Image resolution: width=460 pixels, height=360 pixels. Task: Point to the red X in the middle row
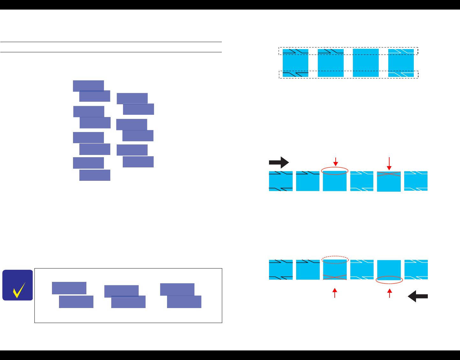(389, 174)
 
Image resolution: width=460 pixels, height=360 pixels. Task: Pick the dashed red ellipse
(335, 259)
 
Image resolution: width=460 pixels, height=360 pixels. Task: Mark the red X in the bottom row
(335, 277)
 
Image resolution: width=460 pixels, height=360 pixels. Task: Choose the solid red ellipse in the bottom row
(390, 280)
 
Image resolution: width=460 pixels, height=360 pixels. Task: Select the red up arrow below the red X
(335, 293)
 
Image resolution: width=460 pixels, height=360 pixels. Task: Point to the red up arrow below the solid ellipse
(390, 293)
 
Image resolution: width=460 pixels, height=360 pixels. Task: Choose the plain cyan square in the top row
(366, 63)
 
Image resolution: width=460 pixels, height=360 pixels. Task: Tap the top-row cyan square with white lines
(401, 63)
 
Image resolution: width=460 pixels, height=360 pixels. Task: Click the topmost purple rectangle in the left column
(88, 86)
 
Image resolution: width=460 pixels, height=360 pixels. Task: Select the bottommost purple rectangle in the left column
(95, 175)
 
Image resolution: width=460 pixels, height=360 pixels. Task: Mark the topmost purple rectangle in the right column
(132, 99)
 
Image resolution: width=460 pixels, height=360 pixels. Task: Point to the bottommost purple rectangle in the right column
(138, 162)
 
